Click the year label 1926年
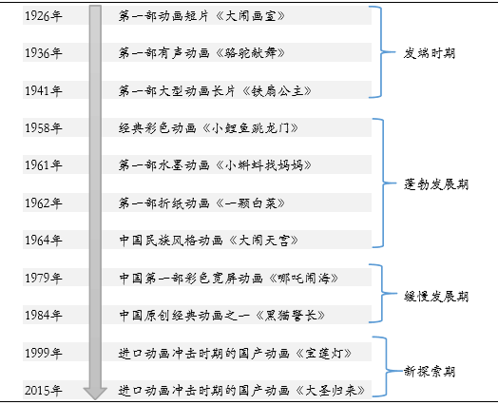43,16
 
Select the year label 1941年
43,91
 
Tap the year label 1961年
43,165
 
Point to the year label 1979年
43,278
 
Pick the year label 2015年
43,391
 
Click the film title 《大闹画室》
250,16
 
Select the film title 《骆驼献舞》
250,53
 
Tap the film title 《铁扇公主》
277,91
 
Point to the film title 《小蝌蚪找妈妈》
263,165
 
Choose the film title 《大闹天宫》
263,241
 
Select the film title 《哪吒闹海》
303,278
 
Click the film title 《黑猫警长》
290,316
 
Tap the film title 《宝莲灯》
323,354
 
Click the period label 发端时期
429,53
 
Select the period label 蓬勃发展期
436,184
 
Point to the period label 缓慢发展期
436,297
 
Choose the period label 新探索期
429,372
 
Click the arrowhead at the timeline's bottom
95,394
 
